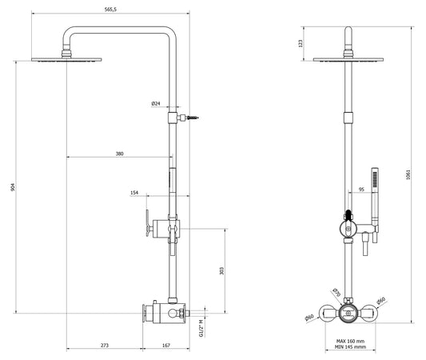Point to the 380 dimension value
[x=119, y=153]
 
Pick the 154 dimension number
[x=134, y=194]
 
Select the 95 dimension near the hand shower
[x=361, y=190]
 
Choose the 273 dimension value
[x=105, y=345]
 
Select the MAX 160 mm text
[x=349, y=342]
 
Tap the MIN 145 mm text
[x=349, y=349]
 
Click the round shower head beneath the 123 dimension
[x=350, y=58]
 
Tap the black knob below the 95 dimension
[x=348, y=214]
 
